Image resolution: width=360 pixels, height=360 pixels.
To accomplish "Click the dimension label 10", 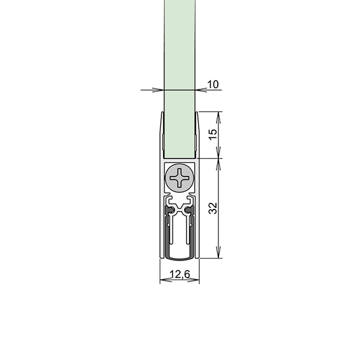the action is point(213,85).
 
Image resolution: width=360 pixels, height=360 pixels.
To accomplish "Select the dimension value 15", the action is point(213,134).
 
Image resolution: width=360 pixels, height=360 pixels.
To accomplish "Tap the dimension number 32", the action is point(213,208).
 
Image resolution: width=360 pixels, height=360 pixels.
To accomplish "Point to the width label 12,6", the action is point(180,274).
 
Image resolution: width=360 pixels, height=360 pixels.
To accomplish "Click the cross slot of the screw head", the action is point(179,178).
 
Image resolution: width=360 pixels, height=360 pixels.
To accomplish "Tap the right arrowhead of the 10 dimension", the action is point(201,90).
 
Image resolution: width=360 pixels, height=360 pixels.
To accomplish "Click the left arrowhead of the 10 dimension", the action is point(158,90).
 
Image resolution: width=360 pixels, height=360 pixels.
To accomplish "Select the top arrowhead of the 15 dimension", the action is point(218,118).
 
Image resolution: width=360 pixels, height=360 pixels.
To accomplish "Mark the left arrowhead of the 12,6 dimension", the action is point(166,280).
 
